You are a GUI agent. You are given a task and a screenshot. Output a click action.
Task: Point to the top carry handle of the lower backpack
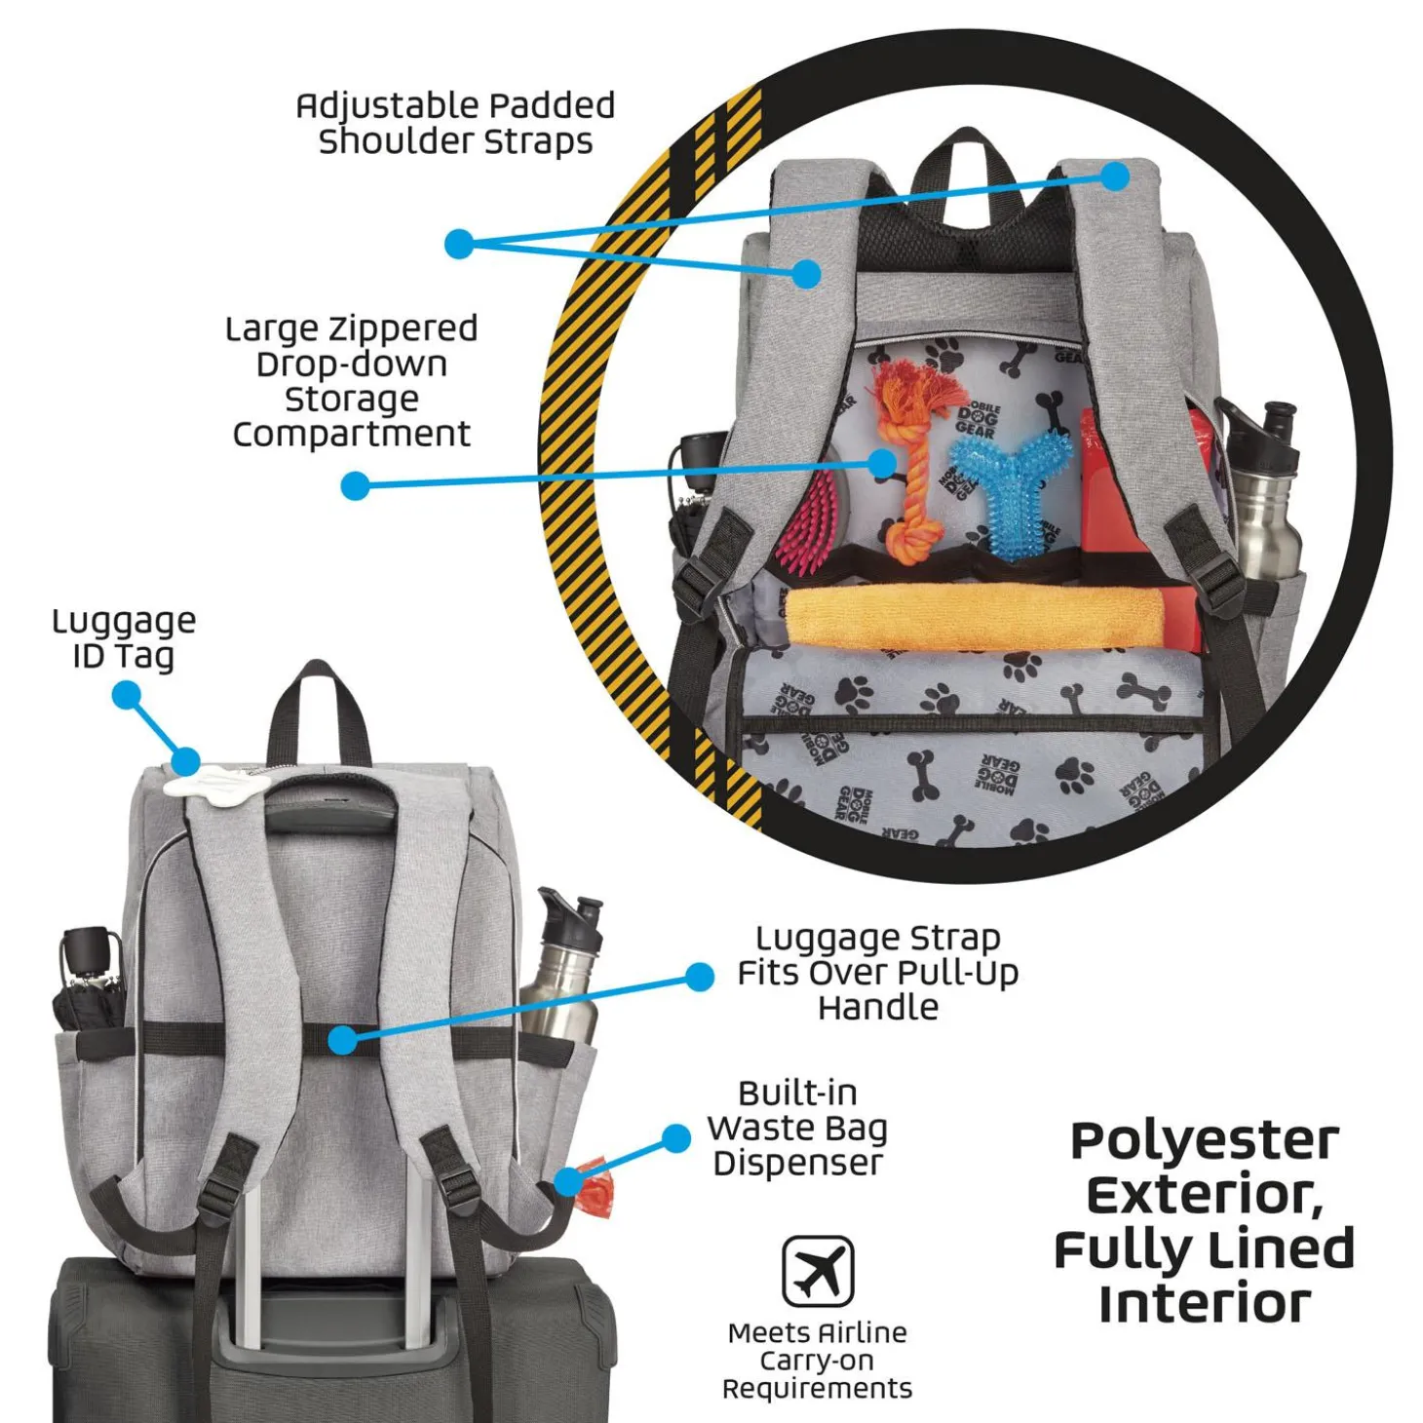(318, 706)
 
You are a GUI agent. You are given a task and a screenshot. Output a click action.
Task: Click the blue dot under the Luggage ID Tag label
(127, 696)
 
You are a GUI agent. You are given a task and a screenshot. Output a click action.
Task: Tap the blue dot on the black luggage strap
(342, 1040)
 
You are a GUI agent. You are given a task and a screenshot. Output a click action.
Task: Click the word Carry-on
(816, 1361)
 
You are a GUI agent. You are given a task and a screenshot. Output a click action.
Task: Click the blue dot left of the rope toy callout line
(355, 486)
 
